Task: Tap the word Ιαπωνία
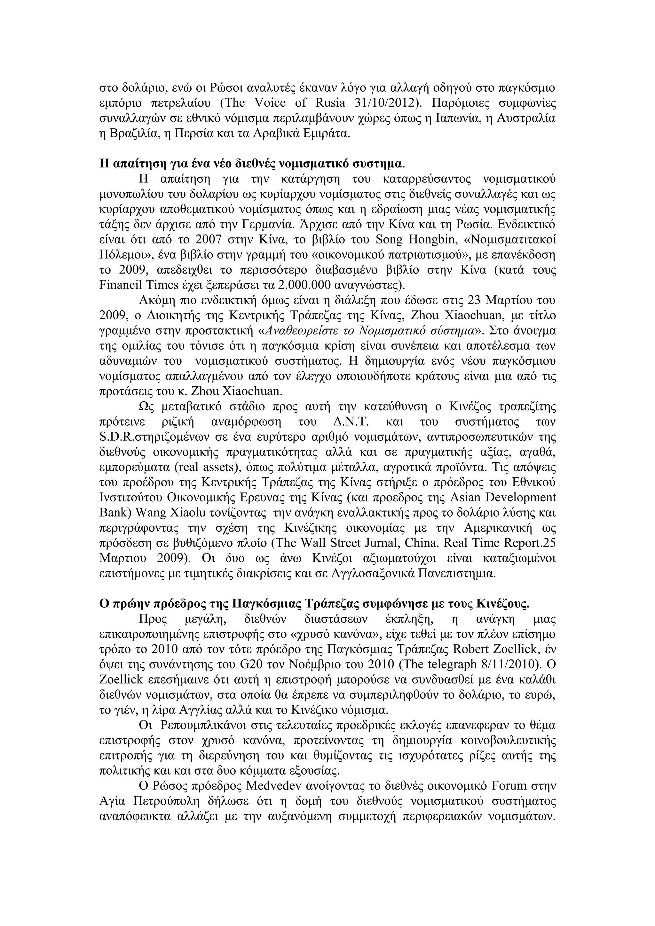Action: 456,118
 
